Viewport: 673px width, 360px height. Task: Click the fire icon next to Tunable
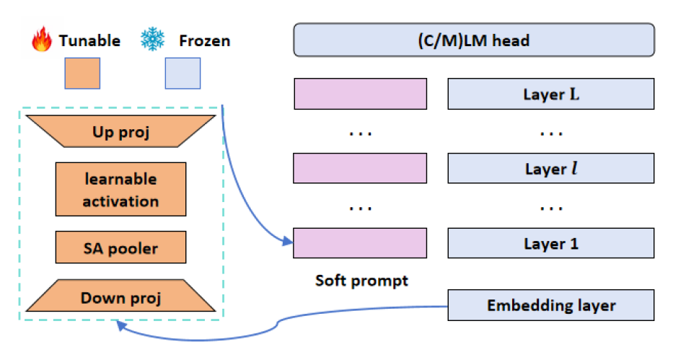tap(42, 40)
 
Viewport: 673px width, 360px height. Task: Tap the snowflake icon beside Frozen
tap(152, 40)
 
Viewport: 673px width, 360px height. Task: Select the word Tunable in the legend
tap(88, 40)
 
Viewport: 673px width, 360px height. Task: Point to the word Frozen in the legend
tap(204, 40)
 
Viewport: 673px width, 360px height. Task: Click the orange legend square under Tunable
tap(82, 74)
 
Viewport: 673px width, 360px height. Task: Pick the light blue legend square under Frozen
tap(182, 74)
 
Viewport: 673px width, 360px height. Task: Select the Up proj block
tap(120, 133)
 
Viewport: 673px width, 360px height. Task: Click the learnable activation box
tap(120, 189)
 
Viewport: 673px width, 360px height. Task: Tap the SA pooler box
tap(120, 248)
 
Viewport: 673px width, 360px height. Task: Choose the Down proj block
tap(120, 297)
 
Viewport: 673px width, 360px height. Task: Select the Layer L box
tap(551, 94)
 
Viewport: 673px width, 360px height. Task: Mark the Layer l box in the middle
tap(551, 169)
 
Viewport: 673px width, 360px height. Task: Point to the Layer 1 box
tap(551, 244)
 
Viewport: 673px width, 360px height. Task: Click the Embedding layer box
tap(551, 305)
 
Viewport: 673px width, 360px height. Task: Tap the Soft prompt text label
tap(361, 281)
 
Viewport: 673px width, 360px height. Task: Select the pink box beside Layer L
tap(360, 94)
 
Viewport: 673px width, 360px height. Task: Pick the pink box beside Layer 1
tap(360, 244)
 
